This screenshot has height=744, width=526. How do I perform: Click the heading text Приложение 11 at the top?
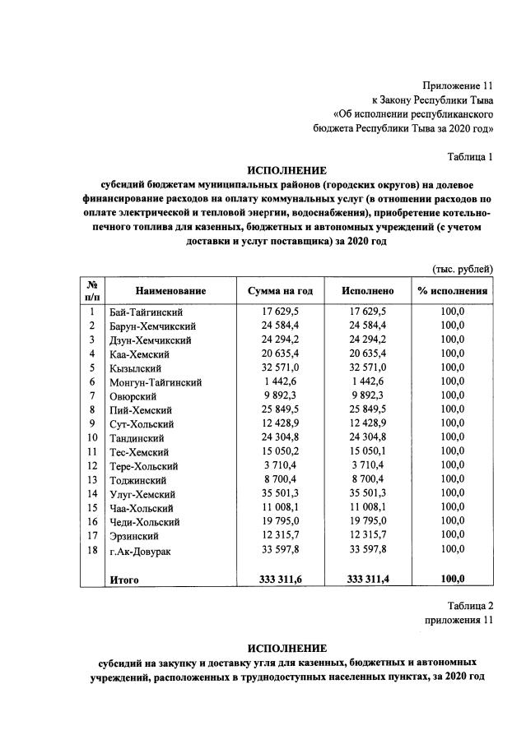tap(458, 85)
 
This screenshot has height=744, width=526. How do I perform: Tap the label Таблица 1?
tap(469, 156)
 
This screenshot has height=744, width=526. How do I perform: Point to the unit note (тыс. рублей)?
tap(462, 269)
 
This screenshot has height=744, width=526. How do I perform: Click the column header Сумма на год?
tap(280, 291)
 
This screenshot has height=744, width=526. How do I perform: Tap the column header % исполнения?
tap(453, 291)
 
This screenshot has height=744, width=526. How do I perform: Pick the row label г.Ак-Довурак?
tap(140, 550)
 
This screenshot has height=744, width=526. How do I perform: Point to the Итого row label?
tap(124, 580)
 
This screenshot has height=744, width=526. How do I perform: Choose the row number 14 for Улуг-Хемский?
tap(91, 493)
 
